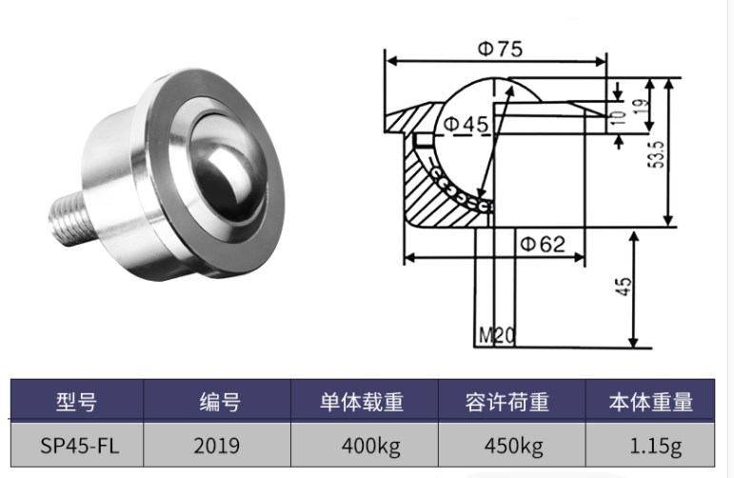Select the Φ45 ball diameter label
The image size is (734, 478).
coord(465,124)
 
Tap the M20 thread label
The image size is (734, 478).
coord(496,335)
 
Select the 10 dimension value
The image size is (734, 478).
coord(619,116)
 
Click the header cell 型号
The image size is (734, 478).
coord(76,401)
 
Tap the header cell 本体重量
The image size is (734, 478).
coord(650,401)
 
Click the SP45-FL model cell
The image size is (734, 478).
coord(76,445)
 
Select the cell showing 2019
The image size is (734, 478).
coord(217,445)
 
